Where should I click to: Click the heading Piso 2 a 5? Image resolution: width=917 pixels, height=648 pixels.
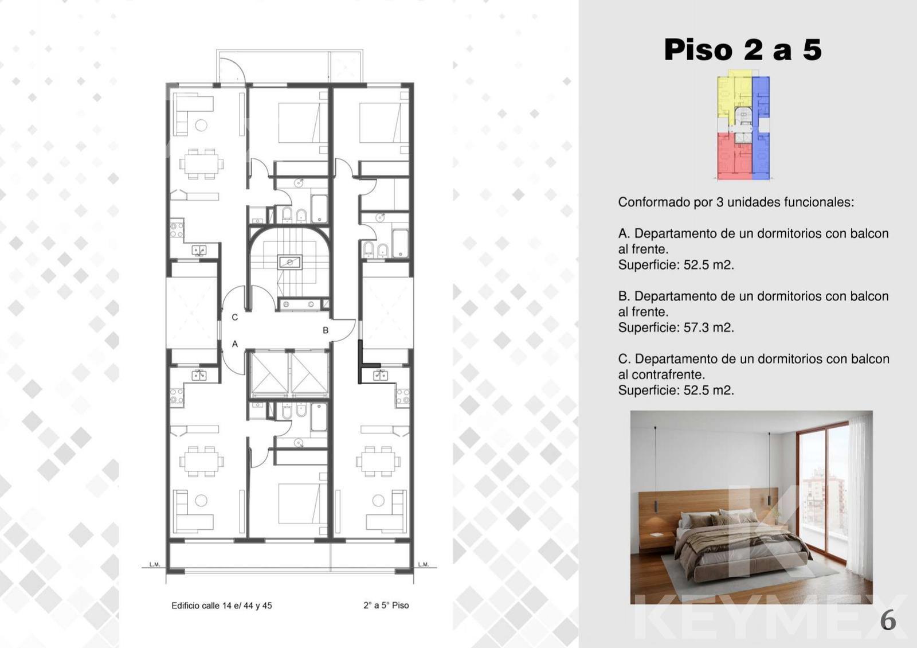pyautogui.click(x=743, y=49)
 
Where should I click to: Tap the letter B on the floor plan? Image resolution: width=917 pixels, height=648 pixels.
pyautogui.click(x=326, y=330)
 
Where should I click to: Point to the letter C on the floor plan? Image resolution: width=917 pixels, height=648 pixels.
pyautogui.click(x=234, y=318)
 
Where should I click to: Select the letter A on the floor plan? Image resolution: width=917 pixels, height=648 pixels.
pyautogui.click(x=234, y=344)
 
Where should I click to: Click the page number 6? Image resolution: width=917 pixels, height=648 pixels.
pyautogui.click(x=888, y=620)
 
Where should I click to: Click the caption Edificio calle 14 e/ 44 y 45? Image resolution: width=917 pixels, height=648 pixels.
pyautogui.click(x=221, y=606)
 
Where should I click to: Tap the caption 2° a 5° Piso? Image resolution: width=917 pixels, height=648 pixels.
pyautogui.click(x=386, y=605)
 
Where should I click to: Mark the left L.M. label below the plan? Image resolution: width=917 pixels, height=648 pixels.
pyautogui.click(x=155, y=564)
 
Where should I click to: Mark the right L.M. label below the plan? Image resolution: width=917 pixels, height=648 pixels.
pyautogui.click(x=424, y=564)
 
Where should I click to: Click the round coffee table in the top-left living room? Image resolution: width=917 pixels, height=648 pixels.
pyautogui.click(x=201, y=125)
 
